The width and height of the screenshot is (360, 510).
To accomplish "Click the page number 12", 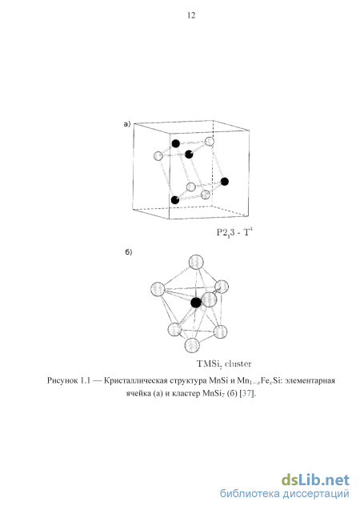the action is coord(191,15).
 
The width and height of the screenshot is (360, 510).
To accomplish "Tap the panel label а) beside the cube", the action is coord(127,124).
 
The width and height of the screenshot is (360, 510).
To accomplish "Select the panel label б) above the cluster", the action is coord(129,252).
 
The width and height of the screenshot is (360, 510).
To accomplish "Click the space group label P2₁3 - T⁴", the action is coord(234,232).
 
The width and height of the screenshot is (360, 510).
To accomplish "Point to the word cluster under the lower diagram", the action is coord(238,363).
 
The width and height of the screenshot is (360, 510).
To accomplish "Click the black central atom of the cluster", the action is coord(195,303).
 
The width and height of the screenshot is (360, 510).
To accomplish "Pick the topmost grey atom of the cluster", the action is coord(196,262).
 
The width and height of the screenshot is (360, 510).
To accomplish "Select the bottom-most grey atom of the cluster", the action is coord(192,345).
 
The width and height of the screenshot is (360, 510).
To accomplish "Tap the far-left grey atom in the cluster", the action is coord(158,289).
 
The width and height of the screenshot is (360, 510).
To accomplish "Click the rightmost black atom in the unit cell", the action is coord(225,182).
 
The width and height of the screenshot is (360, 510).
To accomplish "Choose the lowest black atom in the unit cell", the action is coord(175,200).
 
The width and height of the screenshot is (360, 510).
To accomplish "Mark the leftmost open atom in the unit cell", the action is coord(158,156).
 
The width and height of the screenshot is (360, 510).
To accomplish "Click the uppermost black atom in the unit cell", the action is coord(176,143).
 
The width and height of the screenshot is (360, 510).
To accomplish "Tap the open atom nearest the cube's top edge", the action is coord(210,142).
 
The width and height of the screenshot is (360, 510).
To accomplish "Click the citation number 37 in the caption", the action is coord(246,393).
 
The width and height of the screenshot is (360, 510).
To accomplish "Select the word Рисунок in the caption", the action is coord(62,380).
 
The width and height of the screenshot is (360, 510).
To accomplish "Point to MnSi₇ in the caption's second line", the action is coord(214,394).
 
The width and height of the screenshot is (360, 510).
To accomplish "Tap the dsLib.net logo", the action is coord(315,480).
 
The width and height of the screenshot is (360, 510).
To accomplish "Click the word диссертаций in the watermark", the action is coord(316,494).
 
